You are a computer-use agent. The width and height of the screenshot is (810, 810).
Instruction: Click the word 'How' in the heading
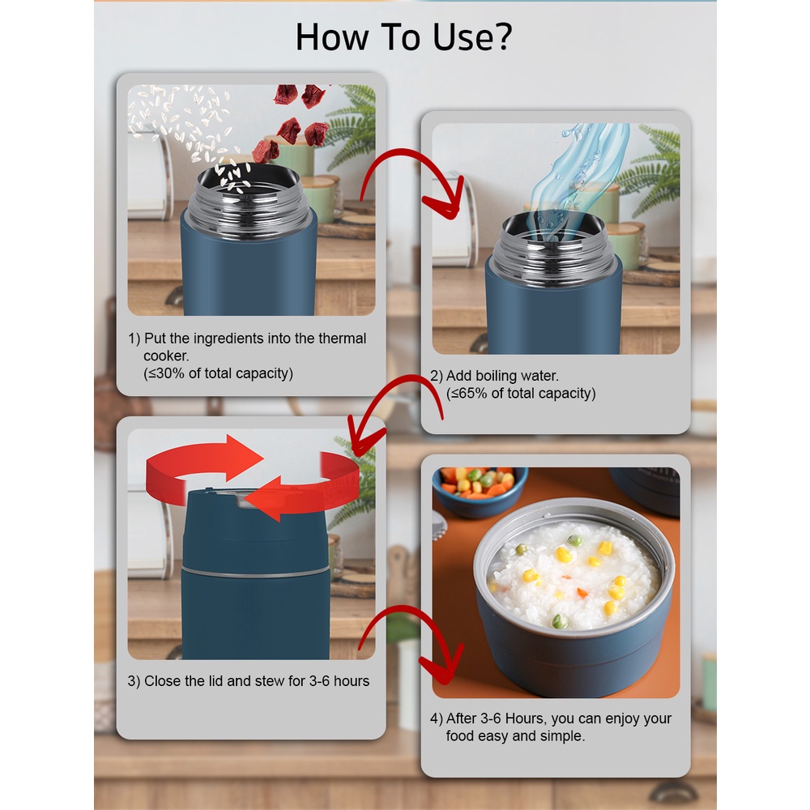point(331,37)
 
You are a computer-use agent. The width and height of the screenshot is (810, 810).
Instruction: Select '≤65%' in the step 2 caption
point(469,394)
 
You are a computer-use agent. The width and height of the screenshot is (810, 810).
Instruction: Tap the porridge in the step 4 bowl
point(574,574)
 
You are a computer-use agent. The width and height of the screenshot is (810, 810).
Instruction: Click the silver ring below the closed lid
point(255,573)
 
